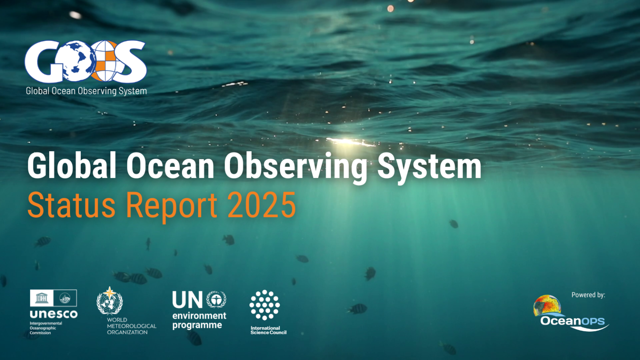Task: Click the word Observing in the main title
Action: pos(295,167)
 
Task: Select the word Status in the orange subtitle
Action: pos(71,205)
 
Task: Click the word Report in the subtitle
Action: pos(171,206)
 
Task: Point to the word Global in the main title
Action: pos(72,166)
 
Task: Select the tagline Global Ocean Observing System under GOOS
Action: pos(86,91)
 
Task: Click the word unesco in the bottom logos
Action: pos(53,314)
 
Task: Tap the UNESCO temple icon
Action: pos(42,298)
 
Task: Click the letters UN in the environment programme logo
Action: pos(187,300)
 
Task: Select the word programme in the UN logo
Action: pos(197,325)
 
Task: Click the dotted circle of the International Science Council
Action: pos(265,305)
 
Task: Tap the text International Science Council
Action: pos(268,330)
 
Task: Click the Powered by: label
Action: pos(588,295)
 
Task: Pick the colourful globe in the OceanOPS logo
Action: pos(547,305)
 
